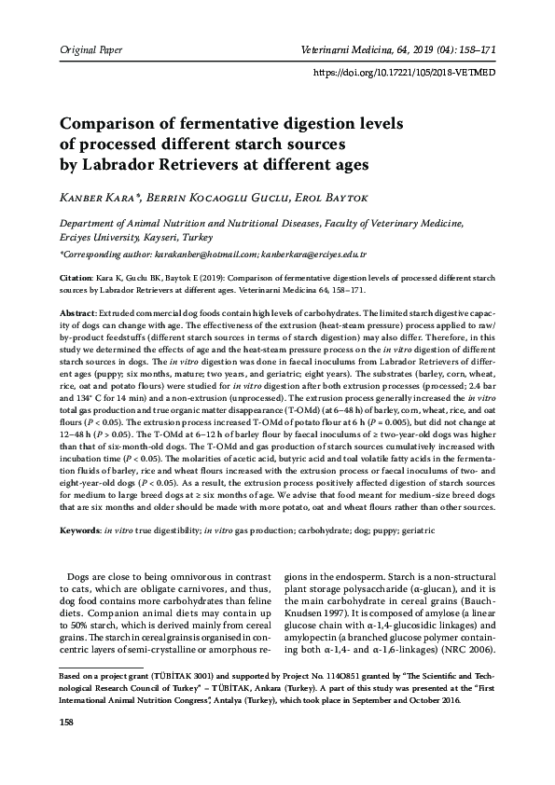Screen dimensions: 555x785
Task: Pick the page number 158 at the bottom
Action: click(66, 748)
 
